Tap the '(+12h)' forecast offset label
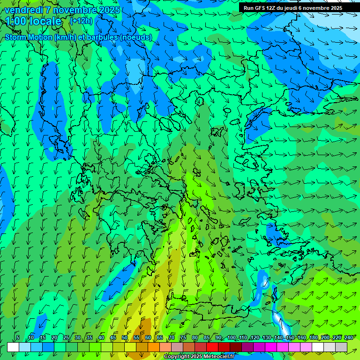pos(81,21)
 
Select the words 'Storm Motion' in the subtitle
pos(29,37)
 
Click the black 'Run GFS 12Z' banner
pos(292,8)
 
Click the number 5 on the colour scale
pos(18,338)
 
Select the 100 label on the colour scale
pos(231,338)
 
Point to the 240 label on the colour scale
pos(349,338)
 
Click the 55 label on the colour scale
pos(136,338)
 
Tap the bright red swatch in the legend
pos(212,347)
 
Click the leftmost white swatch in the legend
pos(13,347)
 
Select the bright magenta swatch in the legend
pos(271,347)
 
